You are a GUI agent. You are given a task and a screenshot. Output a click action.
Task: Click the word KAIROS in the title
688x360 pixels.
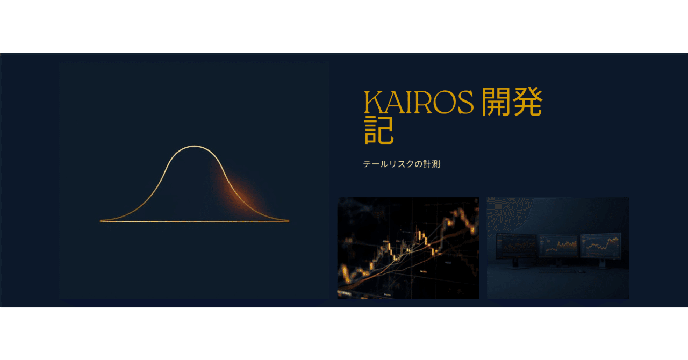(419, 102)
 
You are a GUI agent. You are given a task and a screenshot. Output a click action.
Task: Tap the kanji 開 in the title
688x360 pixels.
(496, 102)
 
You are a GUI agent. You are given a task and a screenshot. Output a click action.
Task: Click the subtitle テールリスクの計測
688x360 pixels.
(402, 164)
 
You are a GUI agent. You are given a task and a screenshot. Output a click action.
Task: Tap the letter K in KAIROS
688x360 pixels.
(374, 102)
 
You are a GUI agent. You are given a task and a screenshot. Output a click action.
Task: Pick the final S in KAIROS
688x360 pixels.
(464, 102)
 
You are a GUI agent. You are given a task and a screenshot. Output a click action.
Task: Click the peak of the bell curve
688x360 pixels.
(194, 147)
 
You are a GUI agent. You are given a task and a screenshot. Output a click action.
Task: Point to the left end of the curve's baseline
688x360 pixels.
(101, 221)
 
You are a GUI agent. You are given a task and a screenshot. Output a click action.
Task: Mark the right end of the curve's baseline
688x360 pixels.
(289, 221)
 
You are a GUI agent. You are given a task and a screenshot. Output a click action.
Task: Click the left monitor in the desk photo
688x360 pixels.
(517, 246)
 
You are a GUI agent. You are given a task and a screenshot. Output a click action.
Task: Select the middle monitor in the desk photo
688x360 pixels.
(558, 246)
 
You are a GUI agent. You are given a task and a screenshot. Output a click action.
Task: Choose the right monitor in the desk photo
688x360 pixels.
(601, 245)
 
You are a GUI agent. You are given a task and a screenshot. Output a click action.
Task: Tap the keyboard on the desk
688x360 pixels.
(557, 271)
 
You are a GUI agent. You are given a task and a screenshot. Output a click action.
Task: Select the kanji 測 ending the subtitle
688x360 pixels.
(436, 164)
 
